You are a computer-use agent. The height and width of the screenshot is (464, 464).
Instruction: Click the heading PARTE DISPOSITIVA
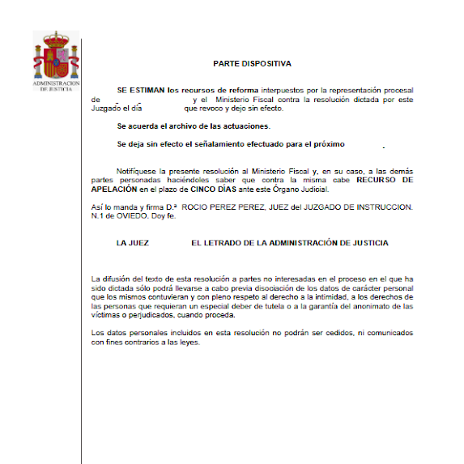coord(252,62)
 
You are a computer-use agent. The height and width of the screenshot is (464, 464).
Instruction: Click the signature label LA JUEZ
coord(133,243)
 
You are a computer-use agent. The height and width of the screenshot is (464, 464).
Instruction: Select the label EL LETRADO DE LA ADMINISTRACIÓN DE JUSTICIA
coord(290,243)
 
